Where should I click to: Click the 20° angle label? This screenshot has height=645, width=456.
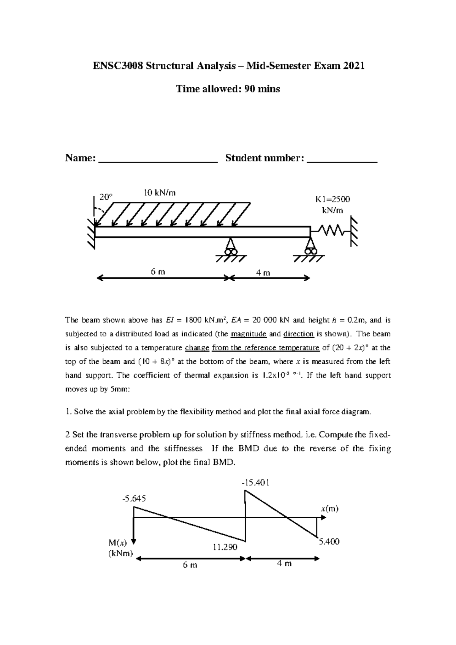(x=106, y=197)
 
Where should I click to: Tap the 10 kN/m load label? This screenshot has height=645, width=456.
(x=159, y=192)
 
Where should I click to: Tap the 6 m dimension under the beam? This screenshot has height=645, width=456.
(x=158, y=272)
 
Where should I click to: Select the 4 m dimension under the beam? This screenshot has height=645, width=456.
(x=263, y=273)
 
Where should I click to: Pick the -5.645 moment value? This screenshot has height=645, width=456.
(x=134, y=498)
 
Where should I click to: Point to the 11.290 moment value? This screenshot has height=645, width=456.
(x=225, y=547)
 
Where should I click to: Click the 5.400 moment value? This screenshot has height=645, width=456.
(x=329, y=542)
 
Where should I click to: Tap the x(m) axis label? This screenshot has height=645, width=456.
(x=329, y=509)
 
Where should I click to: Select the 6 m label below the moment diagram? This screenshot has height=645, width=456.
(x=190, y=565)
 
